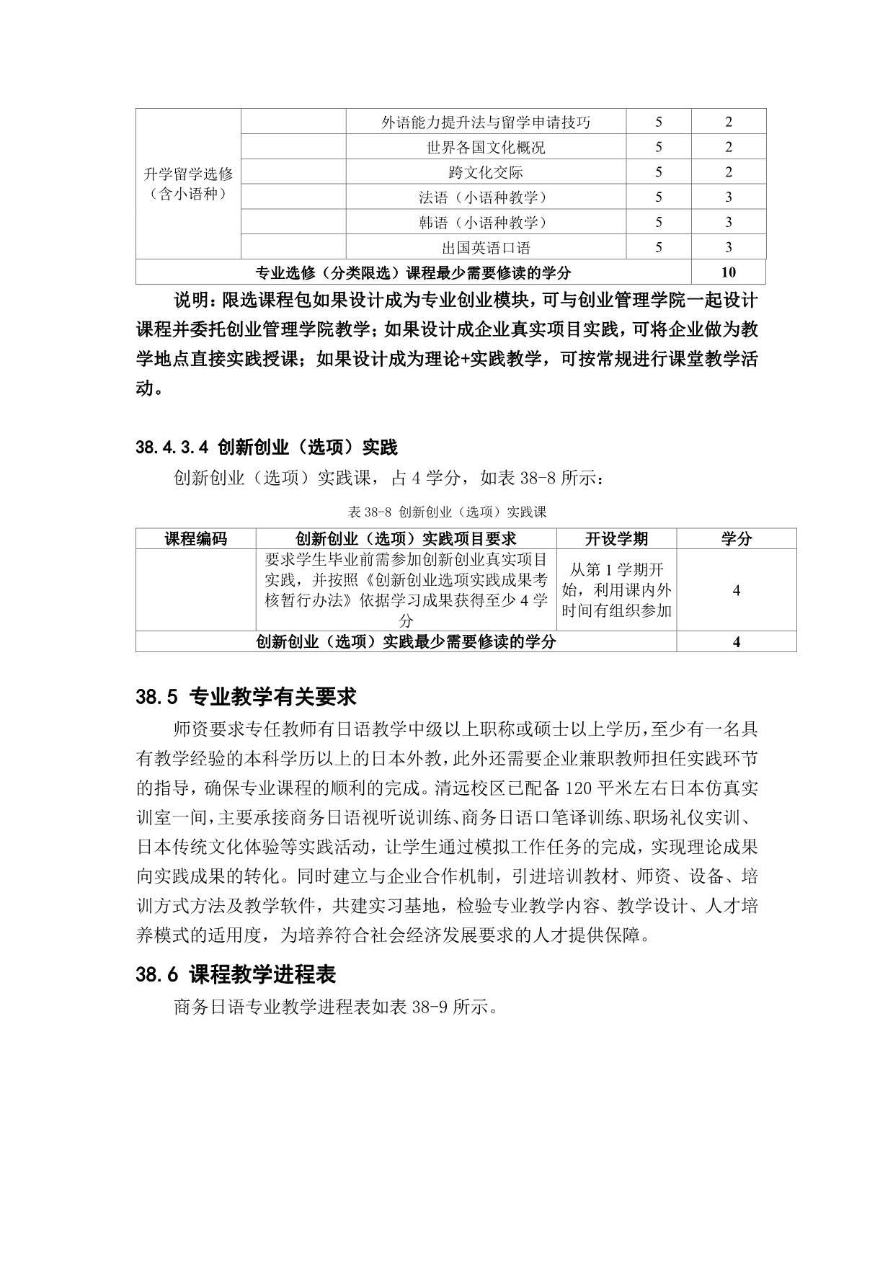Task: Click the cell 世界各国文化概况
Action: [x=485, y=148]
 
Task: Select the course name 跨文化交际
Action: [x=485, y=173]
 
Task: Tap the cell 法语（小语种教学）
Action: [x=485, y=197]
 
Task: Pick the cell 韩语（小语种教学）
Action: [x=485, y=223]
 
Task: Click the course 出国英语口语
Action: [x=485, y=248]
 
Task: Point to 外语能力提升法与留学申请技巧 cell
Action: [x=485, y=123]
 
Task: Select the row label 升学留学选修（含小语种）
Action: [x=188, y=184]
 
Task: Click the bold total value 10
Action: [x=728, y=272]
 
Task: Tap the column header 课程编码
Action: [x=195, y=539]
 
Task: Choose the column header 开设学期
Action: [x=616, y=539]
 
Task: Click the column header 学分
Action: [x=736, y=539]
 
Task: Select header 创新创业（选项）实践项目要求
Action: [x=406, y=539]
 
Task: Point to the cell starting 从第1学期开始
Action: [x=616, y=590]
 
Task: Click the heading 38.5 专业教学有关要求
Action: [x=246, y=697]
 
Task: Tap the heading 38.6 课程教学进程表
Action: [x=236, y=975]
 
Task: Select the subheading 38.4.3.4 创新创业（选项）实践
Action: [x=266, y=448]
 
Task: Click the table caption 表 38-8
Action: [x=447, y=512]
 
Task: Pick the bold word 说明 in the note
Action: [x=192, y=300]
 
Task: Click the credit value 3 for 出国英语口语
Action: [x=728, y=248]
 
